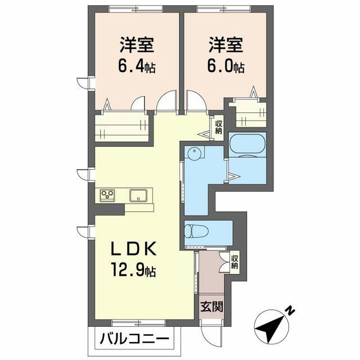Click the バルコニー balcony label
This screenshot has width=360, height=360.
click(x=135, y=339)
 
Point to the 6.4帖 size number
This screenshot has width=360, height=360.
click(x=137, y=67)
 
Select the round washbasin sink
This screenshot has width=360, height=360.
click(x=195, y=154)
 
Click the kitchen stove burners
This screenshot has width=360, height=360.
click(x=107, y=195)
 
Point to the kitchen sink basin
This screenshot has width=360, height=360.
click(x=138, y=195)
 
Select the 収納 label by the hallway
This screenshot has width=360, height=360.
click(x=218, y=127)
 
